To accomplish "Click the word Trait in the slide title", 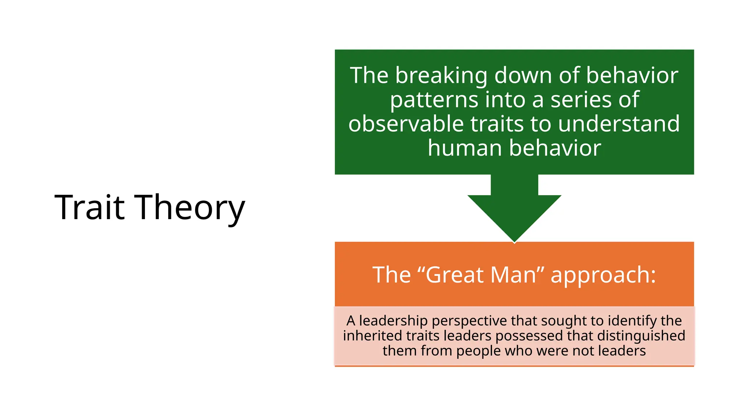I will point(90,207).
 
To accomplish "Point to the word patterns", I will point(434,100).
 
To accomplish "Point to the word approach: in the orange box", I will point(603,275).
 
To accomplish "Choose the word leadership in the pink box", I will point(393,321).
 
